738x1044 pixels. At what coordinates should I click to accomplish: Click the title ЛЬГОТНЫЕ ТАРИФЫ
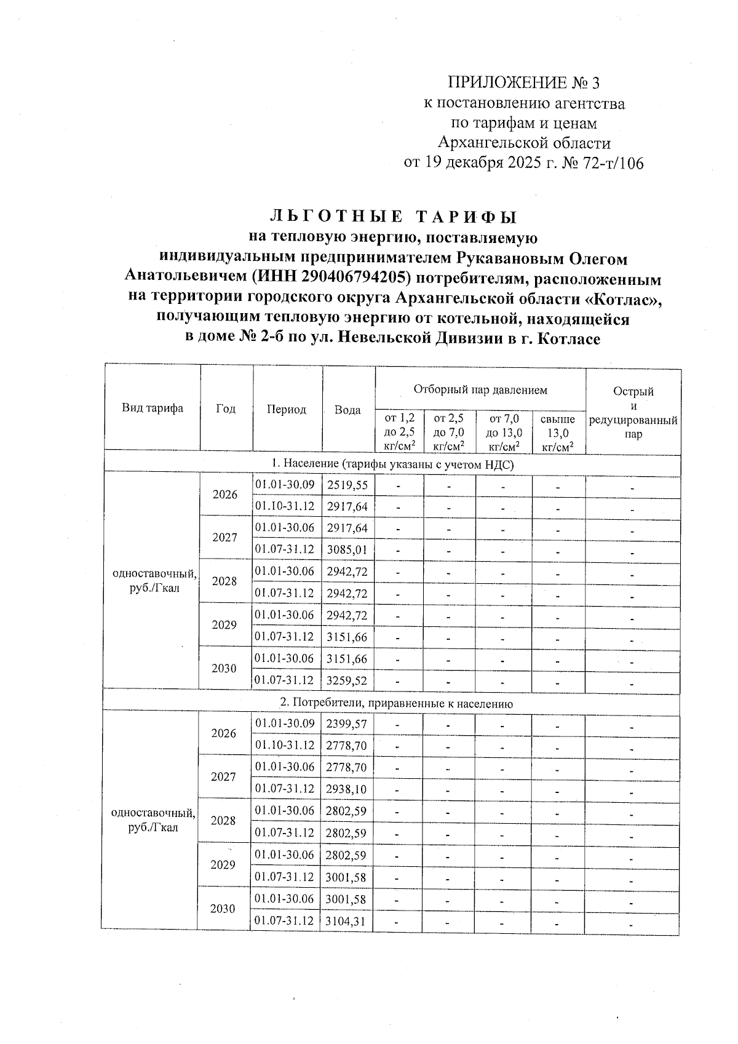tap(393, 217)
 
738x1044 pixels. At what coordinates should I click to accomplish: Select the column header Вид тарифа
tap(152, 408)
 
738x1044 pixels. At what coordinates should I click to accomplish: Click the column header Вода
tap(347, 410)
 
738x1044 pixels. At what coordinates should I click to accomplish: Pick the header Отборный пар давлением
tap(480, 389)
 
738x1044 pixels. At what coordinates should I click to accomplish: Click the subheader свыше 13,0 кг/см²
tap(557, 433)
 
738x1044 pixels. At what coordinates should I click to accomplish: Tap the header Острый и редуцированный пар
tap(633, 412)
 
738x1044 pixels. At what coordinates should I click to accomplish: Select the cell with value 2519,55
tap(347, 485)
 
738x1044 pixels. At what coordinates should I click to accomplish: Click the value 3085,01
tap(347, 549)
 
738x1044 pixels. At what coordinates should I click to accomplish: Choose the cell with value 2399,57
tap(347, 724)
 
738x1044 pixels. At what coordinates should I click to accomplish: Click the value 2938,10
tap(347, 789)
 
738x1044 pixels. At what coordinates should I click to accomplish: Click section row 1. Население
tap(392, 464)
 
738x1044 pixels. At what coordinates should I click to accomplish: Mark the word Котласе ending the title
tap(568, 338)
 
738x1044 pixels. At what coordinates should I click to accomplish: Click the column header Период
tap(287, 409)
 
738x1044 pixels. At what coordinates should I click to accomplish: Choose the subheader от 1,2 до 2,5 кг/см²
tap(399, 433)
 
